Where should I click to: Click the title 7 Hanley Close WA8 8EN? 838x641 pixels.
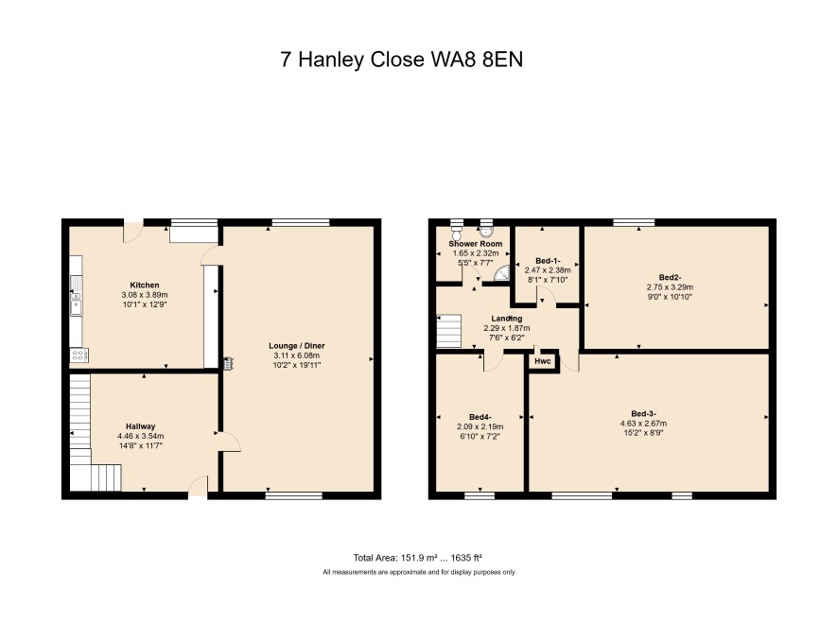[401, 60]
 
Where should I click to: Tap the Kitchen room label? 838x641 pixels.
[145, 286]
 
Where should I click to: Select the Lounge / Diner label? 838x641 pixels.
[297, 346]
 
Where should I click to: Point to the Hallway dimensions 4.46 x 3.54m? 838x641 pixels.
[141, 436]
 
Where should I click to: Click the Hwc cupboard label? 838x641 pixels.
[543, 362]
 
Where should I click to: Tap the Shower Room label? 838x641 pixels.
[476, 244]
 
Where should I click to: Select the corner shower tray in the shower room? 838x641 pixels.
[501, 273]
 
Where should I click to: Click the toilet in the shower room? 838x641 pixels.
[457, 233]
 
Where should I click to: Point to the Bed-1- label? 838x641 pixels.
[548, 261]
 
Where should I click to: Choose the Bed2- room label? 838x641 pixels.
[671, 277]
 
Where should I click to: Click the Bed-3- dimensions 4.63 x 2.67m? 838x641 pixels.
[643, 424]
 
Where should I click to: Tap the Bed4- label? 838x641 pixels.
[480, 417]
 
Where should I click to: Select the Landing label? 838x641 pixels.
[507, 319]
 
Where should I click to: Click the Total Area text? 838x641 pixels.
[418, 558]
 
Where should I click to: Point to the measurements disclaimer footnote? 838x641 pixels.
[418, 572]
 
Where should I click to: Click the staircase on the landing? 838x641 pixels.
[449, 331]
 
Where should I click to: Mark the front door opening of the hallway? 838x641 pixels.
[198, 495]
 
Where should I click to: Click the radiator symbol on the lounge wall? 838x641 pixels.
[227, 363]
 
